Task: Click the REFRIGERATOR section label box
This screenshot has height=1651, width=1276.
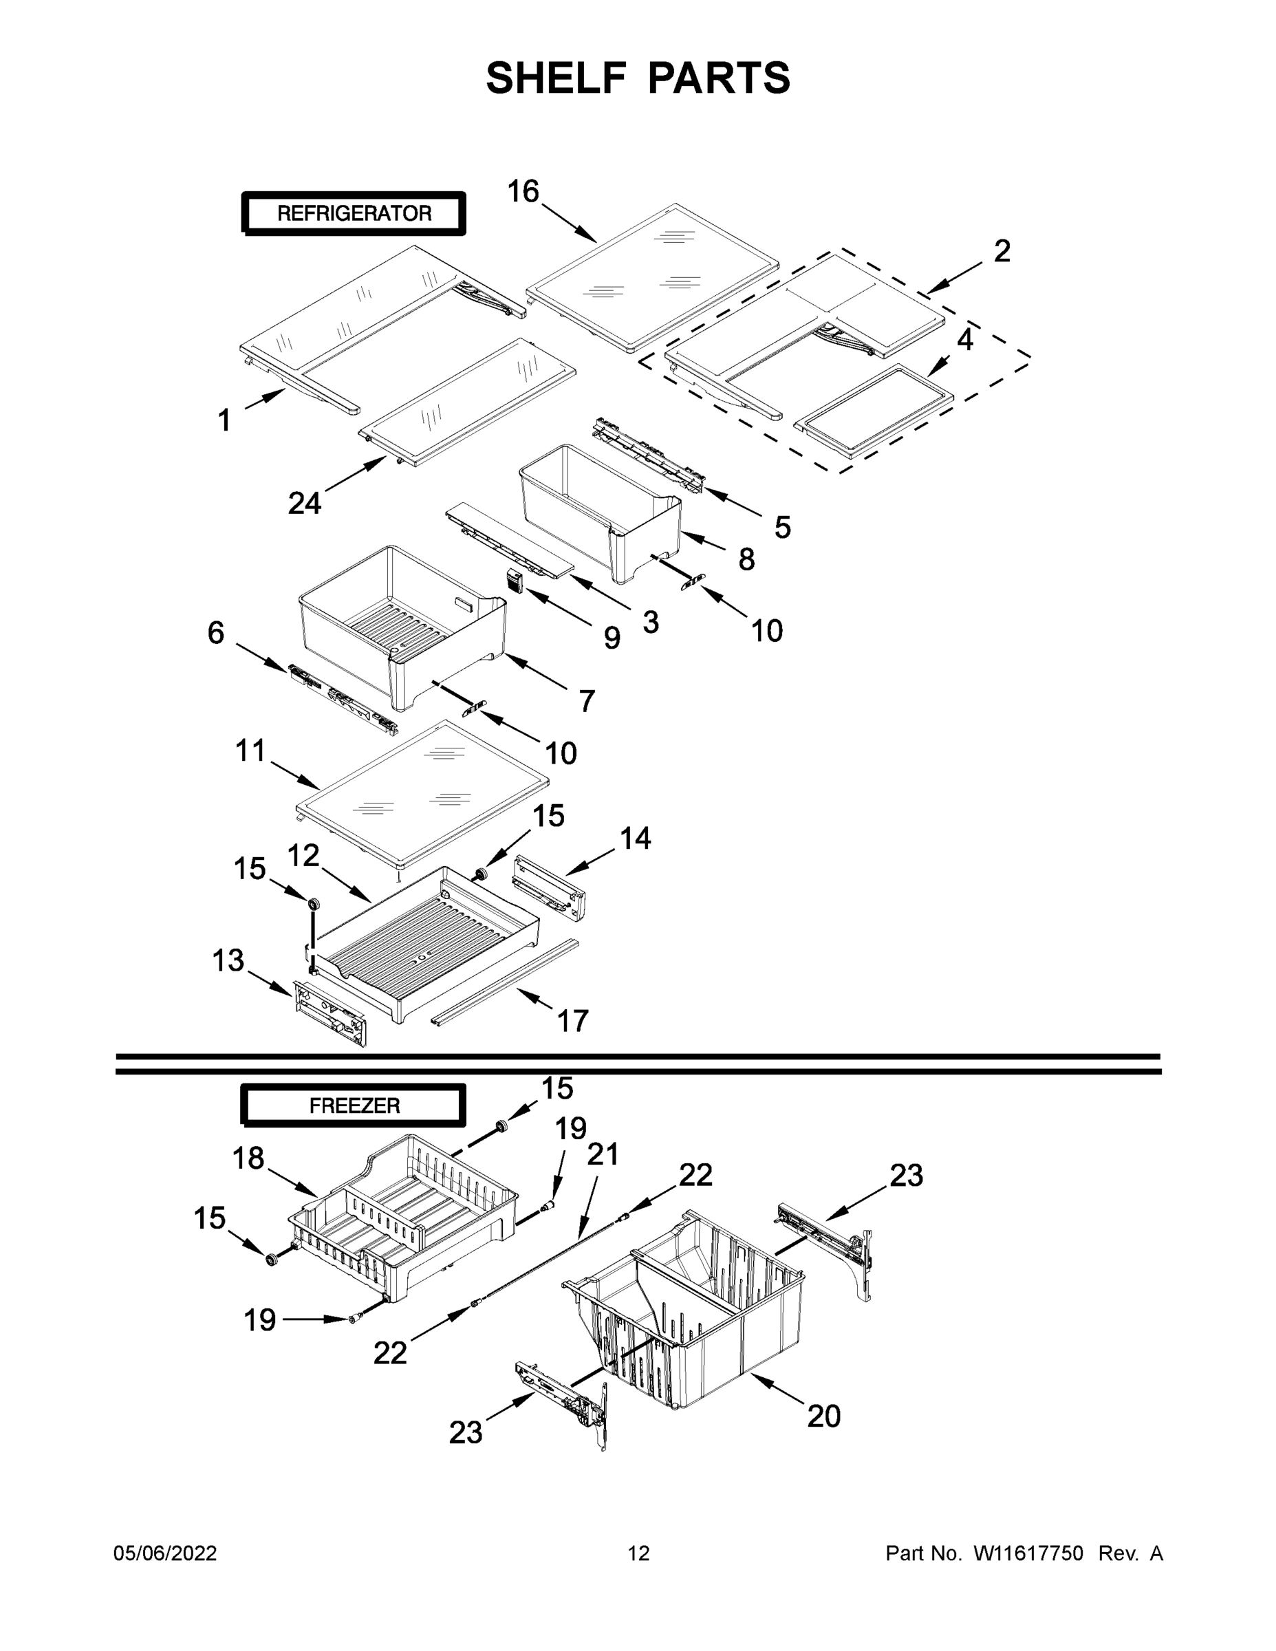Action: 354,214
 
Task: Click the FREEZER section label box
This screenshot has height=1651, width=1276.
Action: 354,1106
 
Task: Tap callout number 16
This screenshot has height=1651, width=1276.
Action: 522,191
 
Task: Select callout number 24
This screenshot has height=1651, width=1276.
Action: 305,503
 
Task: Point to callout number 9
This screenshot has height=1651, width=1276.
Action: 612,638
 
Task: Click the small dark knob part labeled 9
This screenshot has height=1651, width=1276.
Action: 514,581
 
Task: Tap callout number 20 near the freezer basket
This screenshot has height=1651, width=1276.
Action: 823,1416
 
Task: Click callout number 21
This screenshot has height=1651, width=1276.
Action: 603,1154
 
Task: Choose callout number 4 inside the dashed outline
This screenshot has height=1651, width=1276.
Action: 964,341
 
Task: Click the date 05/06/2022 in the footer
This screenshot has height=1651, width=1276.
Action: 165,1553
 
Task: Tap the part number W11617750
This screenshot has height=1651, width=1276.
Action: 1028,1553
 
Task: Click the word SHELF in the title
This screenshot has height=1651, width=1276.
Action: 556,78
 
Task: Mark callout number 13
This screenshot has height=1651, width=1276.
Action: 228,961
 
